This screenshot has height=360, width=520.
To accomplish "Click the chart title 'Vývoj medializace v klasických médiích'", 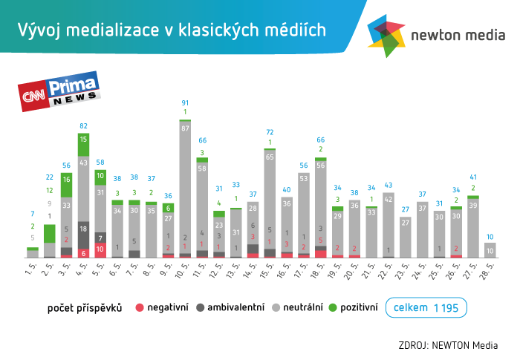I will click(172, 30).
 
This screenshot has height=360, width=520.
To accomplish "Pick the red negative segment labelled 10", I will click(100, 249).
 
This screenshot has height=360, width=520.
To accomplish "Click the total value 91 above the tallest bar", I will click(185, 102).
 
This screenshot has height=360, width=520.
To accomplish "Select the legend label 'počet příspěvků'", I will click(85, 306).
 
